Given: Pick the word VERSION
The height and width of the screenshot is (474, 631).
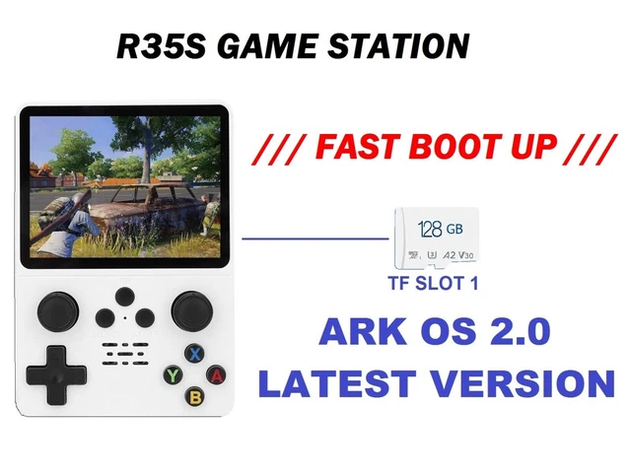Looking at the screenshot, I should (x=523, y=382).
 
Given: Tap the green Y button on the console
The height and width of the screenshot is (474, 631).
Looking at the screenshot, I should (x=174, y=374).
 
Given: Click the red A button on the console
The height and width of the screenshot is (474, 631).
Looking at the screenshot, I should (x=217, y=374).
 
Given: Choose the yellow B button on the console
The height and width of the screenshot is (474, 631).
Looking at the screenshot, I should (x=195, y=396).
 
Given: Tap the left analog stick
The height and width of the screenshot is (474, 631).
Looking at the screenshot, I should (x=57, y=311).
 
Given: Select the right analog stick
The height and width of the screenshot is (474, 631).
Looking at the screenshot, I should (x=191, y=311).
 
